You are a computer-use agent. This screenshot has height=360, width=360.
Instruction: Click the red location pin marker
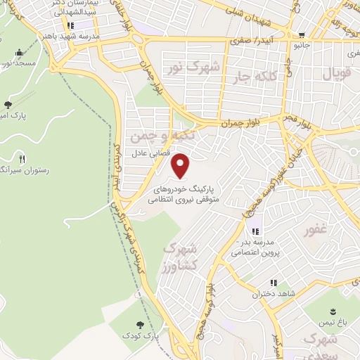coord(181,165)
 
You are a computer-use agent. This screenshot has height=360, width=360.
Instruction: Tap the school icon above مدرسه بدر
coord(255,231)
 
